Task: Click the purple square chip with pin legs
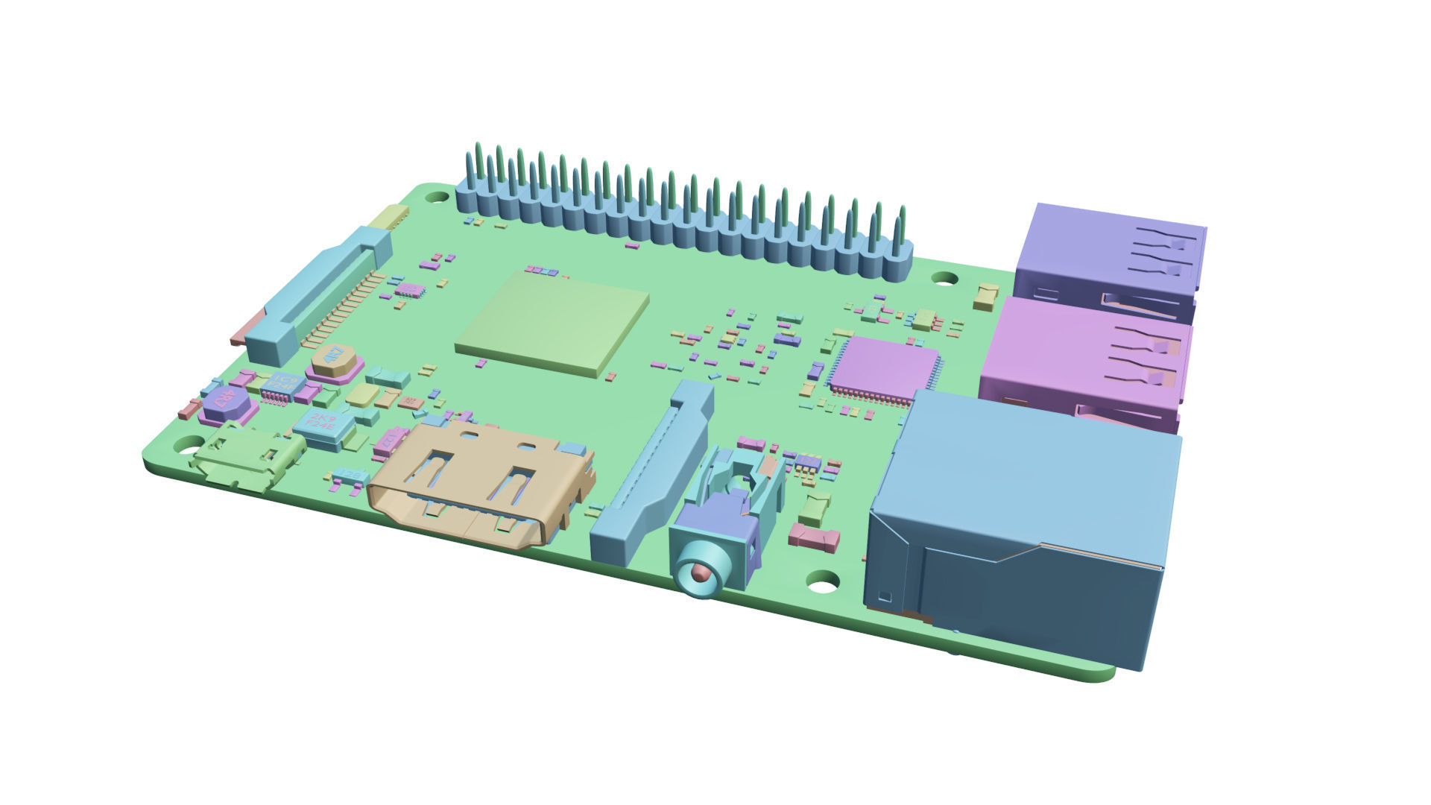point(883,369)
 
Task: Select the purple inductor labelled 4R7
point(228,402)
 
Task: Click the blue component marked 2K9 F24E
point(323,426)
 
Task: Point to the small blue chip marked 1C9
point(282,385)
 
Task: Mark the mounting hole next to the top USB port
point(945,278)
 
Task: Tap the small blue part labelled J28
point(350,476)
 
